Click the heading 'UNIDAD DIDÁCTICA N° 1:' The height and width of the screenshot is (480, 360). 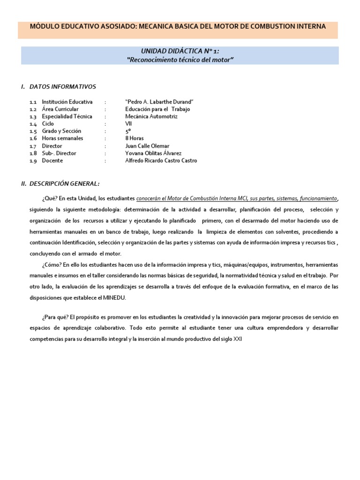click(180, 51)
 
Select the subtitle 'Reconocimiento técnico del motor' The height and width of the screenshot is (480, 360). click(180, 60)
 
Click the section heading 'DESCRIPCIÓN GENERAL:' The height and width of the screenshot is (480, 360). click(64, 184)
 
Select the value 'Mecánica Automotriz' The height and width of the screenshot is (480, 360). click(149, 116)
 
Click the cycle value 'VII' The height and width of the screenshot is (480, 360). click(129, 124)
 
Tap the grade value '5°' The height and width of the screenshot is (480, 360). click(127, 131)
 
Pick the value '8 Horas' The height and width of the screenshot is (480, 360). click(135, 138)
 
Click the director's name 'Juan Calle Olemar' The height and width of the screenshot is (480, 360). click(147, 146)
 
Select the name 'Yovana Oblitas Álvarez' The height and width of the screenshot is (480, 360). click(153, 153)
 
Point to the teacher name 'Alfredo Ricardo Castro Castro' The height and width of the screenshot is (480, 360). click(161, 160)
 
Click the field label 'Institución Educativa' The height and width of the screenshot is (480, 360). click(67, 102)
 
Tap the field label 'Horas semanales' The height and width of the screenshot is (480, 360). click(62, 138)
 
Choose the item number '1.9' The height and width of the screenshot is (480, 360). click(33, 160)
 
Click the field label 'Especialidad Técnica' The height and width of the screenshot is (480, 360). click(67, 116)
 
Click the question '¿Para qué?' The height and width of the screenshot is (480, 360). click(56, 317)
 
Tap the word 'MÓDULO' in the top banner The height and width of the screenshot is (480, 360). click(45, 26)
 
